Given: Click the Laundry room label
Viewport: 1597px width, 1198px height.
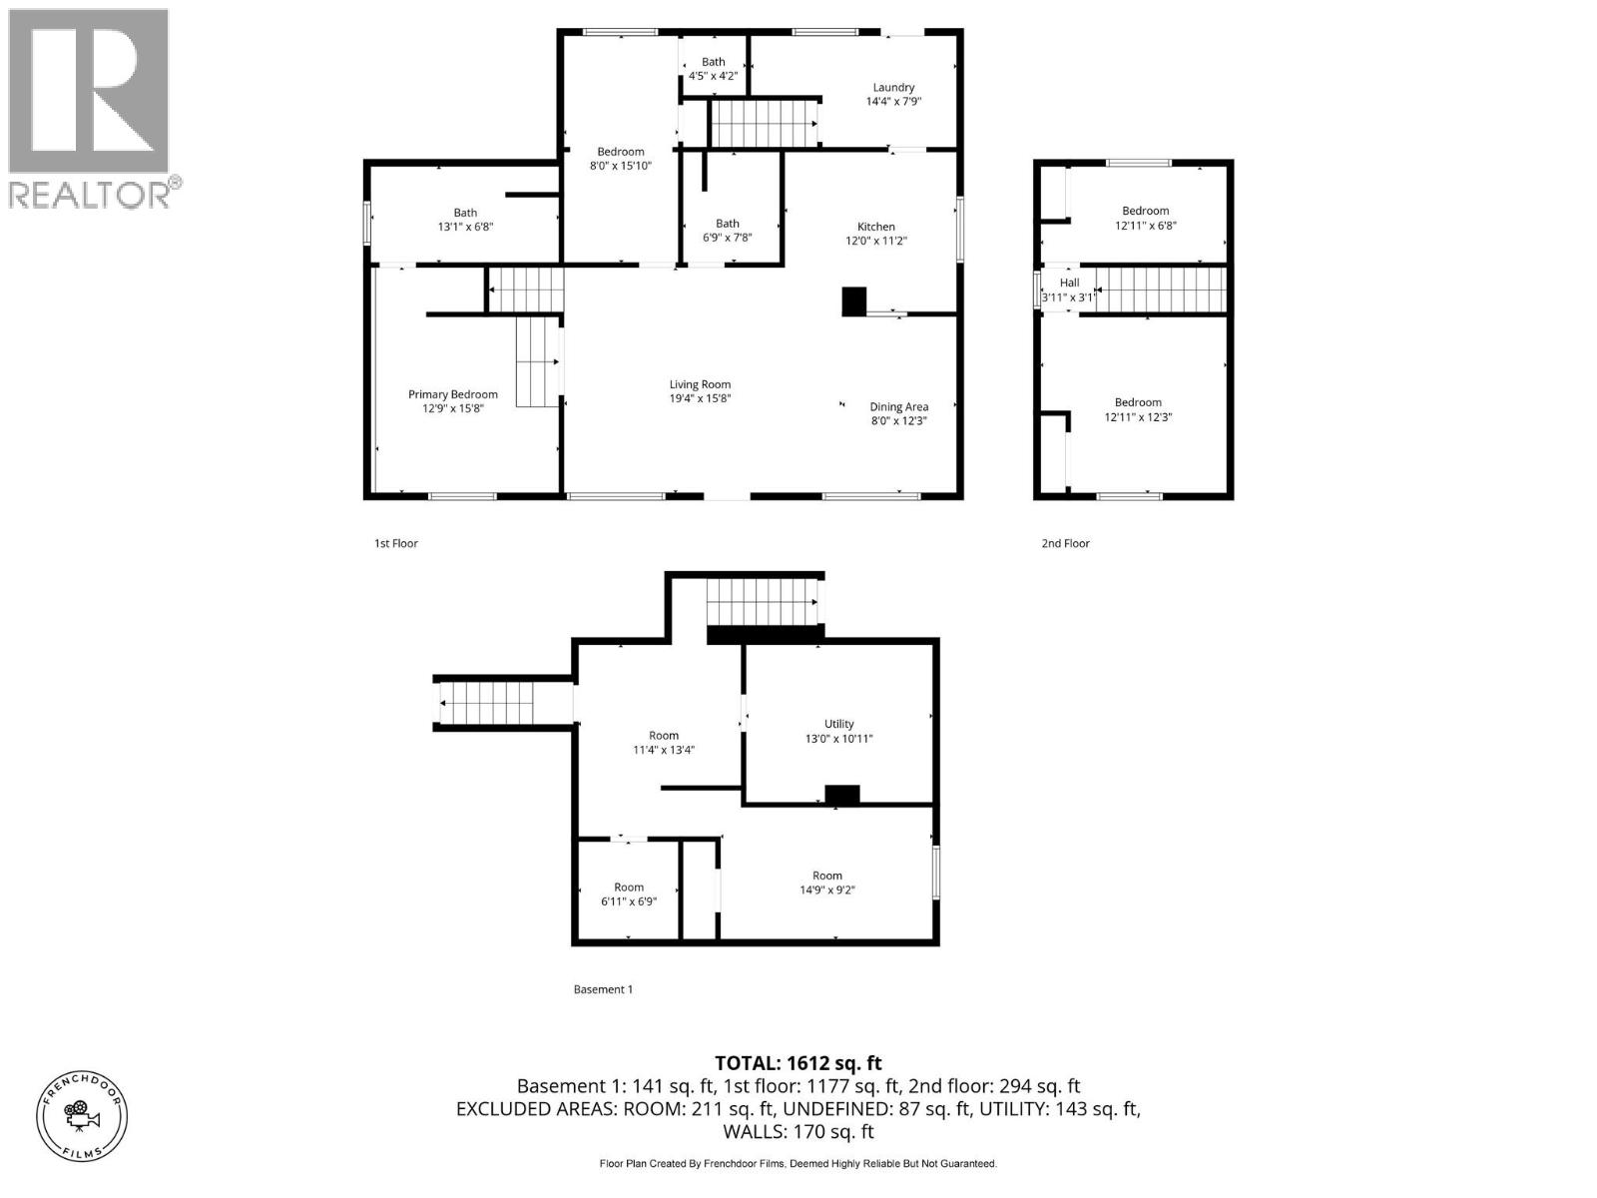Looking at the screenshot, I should (x=892, y=88).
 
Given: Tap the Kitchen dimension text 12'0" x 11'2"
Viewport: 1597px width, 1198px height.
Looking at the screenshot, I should (x=875, y=241).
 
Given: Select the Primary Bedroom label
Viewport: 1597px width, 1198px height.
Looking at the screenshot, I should (x=452, y=394).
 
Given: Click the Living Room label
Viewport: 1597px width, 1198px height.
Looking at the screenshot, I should (x=700, y=384).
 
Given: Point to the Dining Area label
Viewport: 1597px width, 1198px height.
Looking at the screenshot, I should (x=898, y=406).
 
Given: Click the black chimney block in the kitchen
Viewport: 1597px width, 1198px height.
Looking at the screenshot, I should (x=854, y=302).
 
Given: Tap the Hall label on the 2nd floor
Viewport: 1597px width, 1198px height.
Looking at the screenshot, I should (x=1069, y=283).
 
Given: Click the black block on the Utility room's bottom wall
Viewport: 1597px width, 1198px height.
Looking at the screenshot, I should (x=841, y=795).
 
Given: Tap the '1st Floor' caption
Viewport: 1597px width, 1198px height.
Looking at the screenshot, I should (x=395, y=543).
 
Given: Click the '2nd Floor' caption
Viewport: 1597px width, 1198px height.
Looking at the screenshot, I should (x=1065, y=543).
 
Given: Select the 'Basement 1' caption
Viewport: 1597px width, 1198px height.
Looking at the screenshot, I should (x=603, y=989).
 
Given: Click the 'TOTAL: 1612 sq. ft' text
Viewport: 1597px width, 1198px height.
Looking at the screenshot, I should (x=798, y=1063).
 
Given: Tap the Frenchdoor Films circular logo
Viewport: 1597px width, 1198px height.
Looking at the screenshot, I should (x=83, y=1114).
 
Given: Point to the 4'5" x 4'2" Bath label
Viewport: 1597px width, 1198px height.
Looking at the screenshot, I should (x=713, y=68).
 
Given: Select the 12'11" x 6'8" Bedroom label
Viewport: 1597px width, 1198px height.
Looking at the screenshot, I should (x=1145, y=218).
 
